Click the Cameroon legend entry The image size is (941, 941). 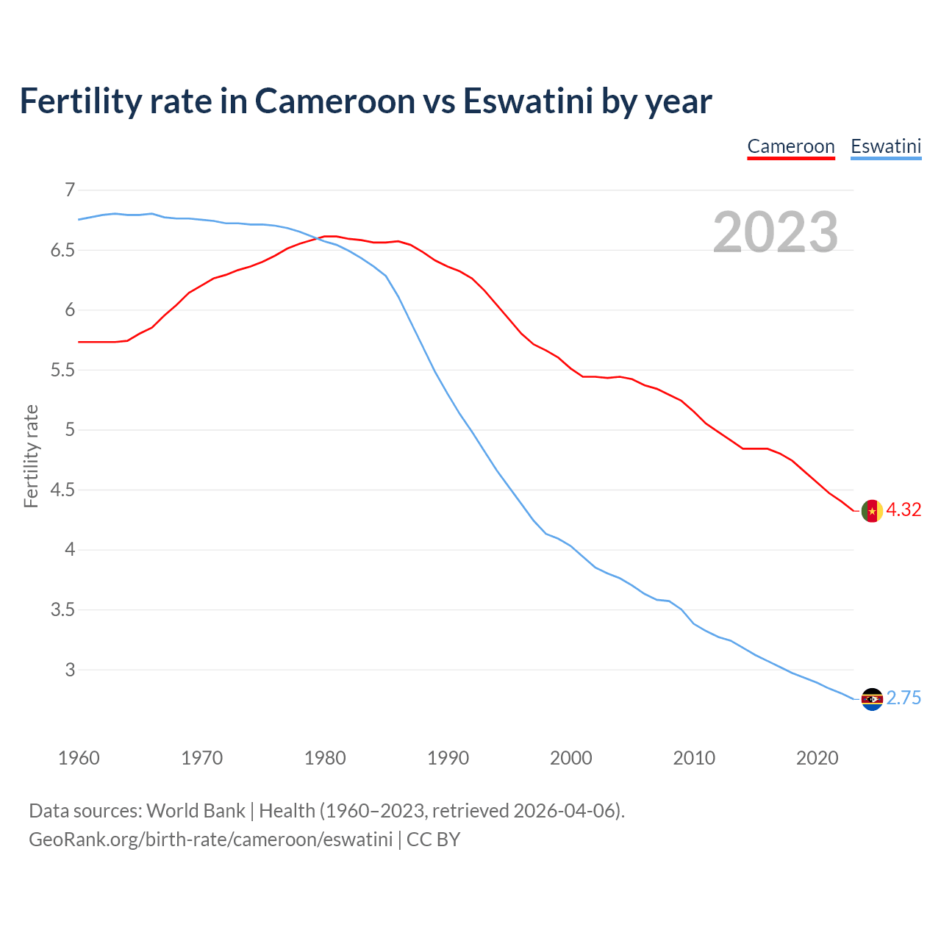tap(791, 146)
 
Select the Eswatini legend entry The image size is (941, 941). tap(886, 146)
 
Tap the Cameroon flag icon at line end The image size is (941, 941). tap(872, 510)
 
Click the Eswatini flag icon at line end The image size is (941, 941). tap(872, 698)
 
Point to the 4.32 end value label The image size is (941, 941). tap(904, 509)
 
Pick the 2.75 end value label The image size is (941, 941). tap(904, 698)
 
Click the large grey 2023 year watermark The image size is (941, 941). tap(776, 232)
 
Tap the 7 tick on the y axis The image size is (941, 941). tap(70, 190)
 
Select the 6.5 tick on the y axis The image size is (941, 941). tap(62, 251)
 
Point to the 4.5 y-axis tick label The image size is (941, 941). tap(62, 490)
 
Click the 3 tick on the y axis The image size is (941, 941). tap(70, 670)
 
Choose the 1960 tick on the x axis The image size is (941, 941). tap(79, 758)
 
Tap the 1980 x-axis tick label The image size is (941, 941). tap(325, 758)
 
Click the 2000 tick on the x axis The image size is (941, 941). tap(571, 758)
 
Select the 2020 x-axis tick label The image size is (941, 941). tap(817, 758)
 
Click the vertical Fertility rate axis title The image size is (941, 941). tap(31, 456)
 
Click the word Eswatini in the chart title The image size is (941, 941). tap(527, 101)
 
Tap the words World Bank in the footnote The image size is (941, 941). tap(196, 811)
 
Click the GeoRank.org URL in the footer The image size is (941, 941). tap(210, 840)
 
